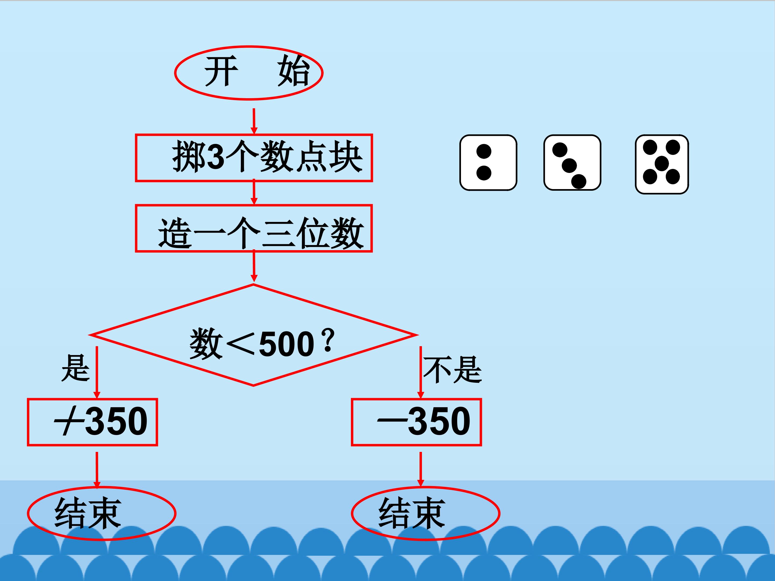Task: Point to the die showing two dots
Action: pyautogui.click(x=488, y=163)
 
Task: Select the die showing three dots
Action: pyautogui.click(x=572, y=162)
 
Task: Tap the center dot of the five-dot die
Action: pyautogui.click(x=662, y=164)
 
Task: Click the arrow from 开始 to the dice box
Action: pyautogui.click(x=254, y=121)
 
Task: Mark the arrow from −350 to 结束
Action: pyautogui.click(x=421, y=469)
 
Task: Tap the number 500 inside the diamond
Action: pyautogui.click(x=286, y=344)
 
